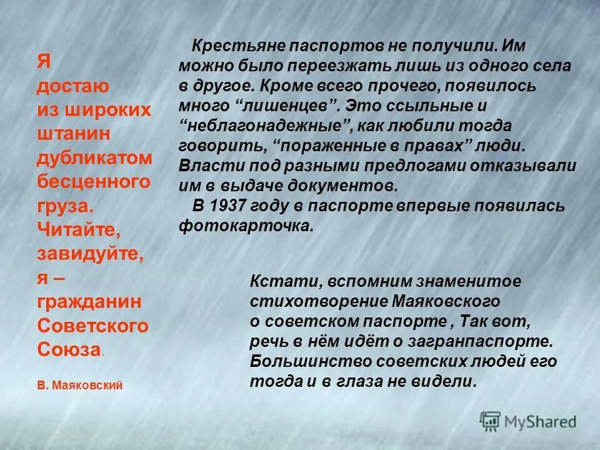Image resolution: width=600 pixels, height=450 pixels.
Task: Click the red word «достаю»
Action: [x=74, y=85]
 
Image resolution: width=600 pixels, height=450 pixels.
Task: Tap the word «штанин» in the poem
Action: [x=74, y=134]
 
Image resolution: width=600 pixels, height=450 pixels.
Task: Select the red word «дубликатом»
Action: [x=94, y=158]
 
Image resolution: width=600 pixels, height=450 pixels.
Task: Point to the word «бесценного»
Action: [x=94, y=182]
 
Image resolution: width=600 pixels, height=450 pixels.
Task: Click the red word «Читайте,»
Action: [x=79, y=229]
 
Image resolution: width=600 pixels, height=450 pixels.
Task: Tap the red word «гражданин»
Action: [x=89, y=302]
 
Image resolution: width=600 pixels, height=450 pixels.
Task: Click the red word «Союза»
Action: [x=69, y=349]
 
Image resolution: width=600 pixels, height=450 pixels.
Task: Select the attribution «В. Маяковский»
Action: [x=79, y=386]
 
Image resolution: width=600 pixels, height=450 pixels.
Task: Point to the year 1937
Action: [x=229, y=206]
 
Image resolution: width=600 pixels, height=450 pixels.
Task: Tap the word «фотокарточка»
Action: [x=246, y=226]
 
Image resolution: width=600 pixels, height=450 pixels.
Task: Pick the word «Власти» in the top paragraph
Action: [x=205, y=166]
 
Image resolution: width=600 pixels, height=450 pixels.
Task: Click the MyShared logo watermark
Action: [x=528, y=422]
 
